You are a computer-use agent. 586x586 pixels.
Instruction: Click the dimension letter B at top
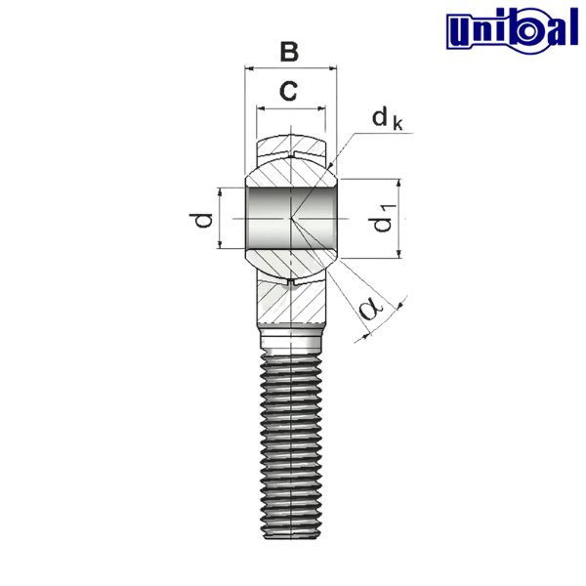pos(288,52)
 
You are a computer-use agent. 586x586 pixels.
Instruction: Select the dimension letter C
pos(288,93)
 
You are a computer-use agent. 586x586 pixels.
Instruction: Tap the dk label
pos(384,119)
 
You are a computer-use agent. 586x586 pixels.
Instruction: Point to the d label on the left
pos(203,221)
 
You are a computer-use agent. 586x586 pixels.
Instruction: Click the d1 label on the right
pos(381,225)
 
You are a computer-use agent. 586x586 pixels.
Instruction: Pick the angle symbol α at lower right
pos(370,310)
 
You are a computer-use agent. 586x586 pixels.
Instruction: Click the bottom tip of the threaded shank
pos(290,527)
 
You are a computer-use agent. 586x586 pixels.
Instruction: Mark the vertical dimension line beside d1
pos(398,220)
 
